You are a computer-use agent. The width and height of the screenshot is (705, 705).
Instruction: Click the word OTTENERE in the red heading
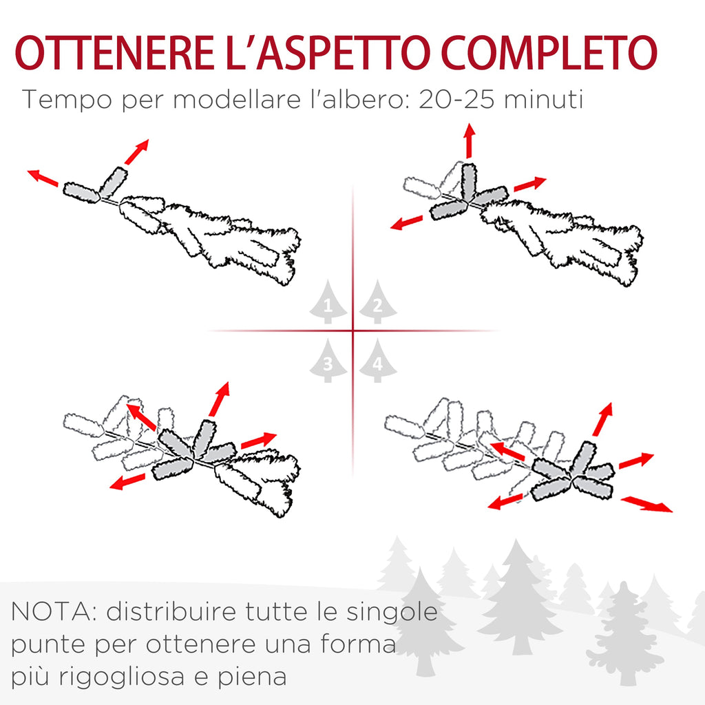pos(114,52)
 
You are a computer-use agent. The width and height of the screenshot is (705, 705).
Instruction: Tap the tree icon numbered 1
pos(328,302)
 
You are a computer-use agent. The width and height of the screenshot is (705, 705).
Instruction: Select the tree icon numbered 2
pos(378,302)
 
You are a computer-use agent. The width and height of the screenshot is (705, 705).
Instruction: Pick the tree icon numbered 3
pos(328,361)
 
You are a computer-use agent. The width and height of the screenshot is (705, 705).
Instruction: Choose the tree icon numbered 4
pos(378,361)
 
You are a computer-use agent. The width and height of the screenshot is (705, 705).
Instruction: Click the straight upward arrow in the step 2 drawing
pos(470,140)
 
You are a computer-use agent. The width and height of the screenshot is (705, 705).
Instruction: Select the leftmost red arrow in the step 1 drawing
pos(43,178)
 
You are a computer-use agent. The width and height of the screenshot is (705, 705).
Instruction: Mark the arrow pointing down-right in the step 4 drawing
pos(646,504)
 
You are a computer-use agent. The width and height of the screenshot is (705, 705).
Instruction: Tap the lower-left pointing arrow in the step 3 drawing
pos(127,481)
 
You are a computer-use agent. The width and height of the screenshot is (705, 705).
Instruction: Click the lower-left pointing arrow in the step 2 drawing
pos(407,222)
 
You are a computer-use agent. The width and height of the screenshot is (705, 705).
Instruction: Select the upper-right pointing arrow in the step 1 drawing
pos(136,152)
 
